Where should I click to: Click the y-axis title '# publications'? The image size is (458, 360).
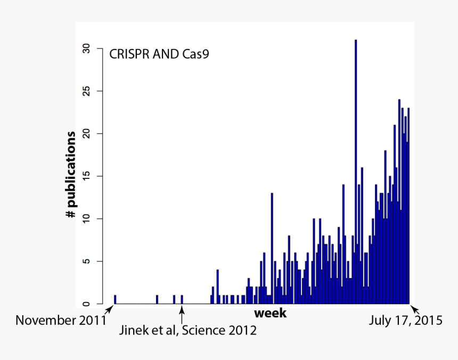click(71, 175)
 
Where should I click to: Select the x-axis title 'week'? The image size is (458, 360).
click(270, 313)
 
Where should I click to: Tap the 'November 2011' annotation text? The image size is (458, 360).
click(61, 321)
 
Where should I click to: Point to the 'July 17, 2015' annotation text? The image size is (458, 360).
click(406, 321)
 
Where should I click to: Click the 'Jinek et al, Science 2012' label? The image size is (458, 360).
click(187, 331)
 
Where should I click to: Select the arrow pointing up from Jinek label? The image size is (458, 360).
click(182, 316)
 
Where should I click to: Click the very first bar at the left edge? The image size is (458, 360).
click(115, 299)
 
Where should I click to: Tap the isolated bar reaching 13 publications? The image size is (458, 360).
click(272, 248)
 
